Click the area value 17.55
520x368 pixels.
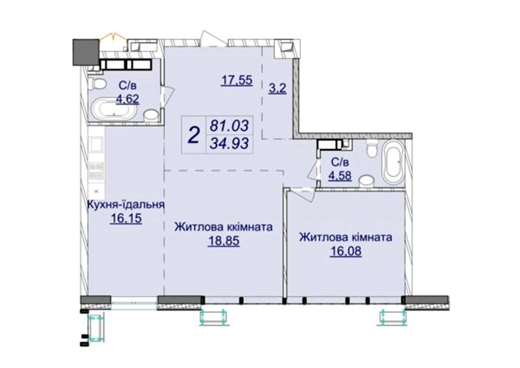click(237, 80)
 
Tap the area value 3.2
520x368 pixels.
click(278, 88)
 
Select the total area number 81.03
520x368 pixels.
click(229, 125)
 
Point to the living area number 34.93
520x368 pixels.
click(229, 143)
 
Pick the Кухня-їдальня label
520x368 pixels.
click(125, 205)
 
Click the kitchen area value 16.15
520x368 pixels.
click(126, 218)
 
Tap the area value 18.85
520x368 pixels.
click(224, 241)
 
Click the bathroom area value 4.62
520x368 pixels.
click(127, 99)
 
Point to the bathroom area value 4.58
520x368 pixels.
click(340, 176)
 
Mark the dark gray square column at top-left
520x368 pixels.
click(86, 52)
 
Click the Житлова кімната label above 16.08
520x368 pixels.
click(346, 238)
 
